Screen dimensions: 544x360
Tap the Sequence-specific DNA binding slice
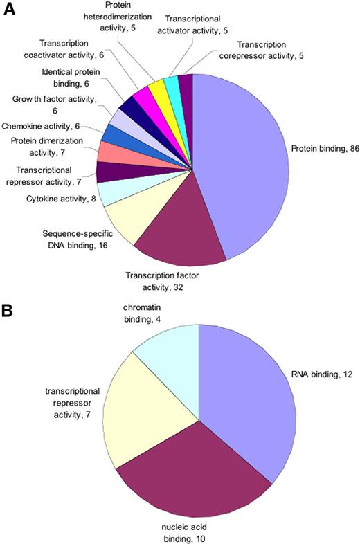(x=128, y=221)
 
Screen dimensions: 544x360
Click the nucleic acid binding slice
(x=187, y=471)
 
